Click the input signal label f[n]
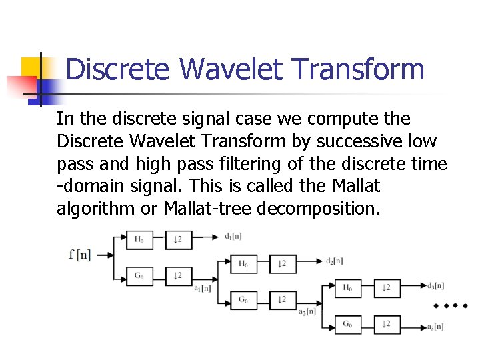(79, 254)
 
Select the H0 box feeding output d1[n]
(139, 239)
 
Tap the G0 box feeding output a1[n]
(139, 275)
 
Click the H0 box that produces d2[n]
(244, 263)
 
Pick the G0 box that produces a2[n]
(244, 299)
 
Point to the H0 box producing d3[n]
(347, 288)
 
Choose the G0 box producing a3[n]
(347, 325)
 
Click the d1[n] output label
(234, 235)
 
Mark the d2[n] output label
(335, 260)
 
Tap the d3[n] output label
(437, 285)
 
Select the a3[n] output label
(437, 327)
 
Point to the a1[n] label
(203, 288)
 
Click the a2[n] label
(307, 312)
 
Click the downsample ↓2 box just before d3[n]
(387, 288)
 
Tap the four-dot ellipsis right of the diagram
(451, 306)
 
